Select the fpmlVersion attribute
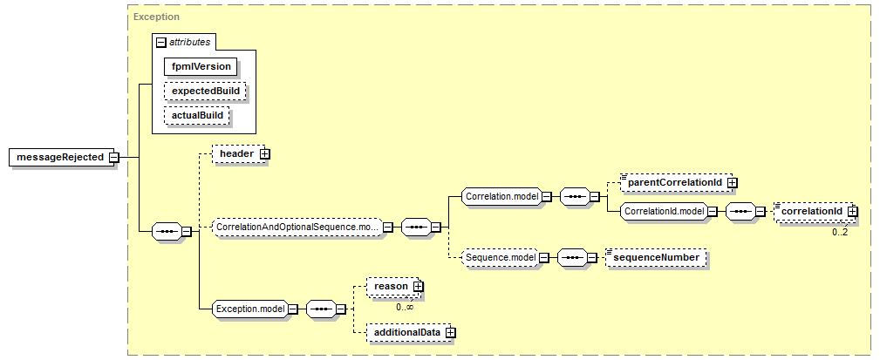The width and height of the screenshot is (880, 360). [x=201, y=66]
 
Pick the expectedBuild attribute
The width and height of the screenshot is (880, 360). [x=206, y=91]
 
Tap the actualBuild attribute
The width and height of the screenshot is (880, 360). [x=198, y=116]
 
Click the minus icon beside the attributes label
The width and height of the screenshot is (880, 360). [x=161, y=42]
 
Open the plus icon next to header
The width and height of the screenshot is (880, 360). [x=265, y=153]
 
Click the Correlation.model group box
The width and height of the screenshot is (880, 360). [x=501, y=196]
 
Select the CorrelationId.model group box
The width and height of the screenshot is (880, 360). [x=664, y=212]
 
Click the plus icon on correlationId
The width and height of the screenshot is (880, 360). [x=852, y=211]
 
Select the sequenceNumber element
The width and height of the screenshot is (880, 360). [x=656, y=257]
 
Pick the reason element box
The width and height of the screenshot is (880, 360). [x=392, y=287]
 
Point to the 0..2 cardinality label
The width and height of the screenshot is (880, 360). [x=840, y=231]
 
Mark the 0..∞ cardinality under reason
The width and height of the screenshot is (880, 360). [x=405, y=307]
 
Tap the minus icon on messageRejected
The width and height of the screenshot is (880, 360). [x=114, y=158]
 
